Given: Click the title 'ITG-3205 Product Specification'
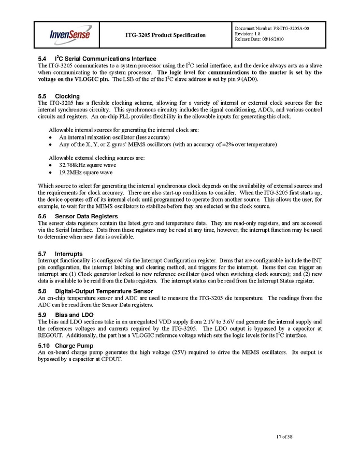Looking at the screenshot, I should click(x=165, y=35).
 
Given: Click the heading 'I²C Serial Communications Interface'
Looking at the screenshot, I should click(x=106, y=59).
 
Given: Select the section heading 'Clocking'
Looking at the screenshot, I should click(x=67, y=96).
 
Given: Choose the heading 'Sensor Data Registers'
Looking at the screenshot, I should click(x=87, y=216).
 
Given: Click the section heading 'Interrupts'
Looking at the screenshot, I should click(x=69, y=253).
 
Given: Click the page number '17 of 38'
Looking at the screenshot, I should click(x=284, y=438).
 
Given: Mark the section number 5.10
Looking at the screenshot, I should click(x=44, y=345).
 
